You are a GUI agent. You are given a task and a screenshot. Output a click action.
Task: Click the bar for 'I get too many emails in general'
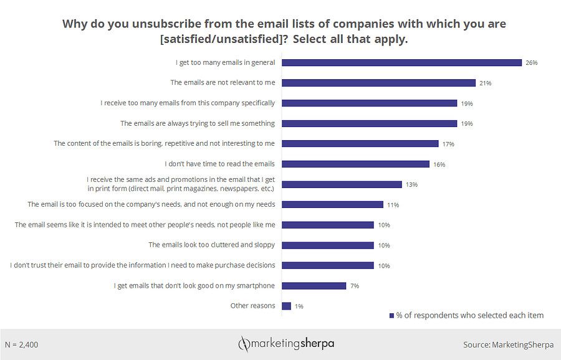[401, 62]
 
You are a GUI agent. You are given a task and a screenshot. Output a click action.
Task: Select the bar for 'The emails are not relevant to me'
[378, 82]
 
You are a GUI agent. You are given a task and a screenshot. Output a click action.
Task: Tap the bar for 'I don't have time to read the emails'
[355, 164]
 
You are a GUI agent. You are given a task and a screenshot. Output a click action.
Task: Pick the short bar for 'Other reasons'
[287, 306]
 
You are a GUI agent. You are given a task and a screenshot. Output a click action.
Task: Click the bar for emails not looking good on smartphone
[314, 286]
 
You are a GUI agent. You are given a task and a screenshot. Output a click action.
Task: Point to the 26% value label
[531, 63]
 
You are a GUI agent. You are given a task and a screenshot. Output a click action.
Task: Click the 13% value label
[411, 185]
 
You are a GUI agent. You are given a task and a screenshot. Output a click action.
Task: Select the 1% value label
[299, 306]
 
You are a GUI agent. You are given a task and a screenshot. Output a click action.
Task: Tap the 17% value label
[448, 144]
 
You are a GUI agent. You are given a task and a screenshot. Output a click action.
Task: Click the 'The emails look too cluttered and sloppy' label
[211, 245]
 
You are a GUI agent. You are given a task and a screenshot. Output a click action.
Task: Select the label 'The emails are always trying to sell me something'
[197, 123]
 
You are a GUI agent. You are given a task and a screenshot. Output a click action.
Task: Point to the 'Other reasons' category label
[252, 306]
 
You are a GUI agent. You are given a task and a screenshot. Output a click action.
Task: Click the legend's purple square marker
[391, 316]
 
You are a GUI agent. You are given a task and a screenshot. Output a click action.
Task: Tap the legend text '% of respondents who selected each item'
[470, 315]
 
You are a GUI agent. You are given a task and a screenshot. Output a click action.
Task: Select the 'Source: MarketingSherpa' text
[507, 344]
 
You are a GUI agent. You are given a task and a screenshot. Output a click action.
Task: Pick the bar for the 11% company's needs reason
[332, 204]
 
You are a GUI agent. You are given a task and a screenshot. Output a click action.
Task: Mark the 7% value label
[354, 287]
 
